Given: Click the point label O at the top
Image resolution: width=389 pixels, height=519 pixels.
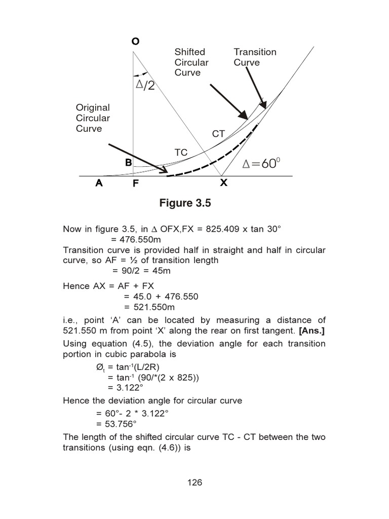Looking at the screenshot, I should click(x=135, y=42).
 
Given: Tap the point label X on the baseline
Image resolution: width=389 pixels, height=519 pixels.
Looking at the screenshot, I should click(x=223, y=183).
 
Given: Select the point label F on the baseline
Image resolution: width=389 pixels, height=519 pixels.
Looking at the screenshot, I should click(x=136, y=184).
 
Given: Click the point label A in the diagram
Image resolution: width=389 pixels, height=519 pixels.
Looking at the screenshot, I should click(x=99, y=183).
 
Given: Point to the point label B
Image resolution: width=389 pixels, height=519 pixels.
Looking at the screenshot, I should click(x=128, y=163).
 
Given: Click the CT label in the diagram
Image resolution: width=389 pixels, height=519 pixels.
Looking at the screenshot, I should click(x=218, y=134).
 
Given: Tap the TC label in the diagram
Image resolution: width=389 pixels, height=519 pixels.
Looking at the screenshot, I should click(x=181, y=153).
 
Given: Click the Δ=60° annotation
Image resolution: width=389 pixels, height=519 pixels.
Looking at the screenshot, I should click(x=261, y=164).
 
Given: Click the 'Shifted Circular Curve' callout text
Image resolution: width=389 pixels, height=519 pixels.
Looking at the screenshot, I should click(x=191, y=62).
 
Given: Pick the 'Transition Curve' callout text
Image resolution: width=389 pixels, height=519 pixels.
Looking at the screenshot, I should click(x=255, y=57).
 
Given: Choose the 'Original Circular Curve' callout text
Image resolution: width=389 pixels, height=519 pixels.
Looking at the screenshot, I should click(x=93, y=118).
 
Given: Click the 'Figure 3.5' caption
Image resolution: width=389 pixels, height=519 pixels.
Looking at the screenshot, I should click(x=185, y=203).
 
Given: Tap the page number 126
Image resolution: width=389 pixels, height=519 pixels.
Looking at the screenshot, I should click(x=194, y=482).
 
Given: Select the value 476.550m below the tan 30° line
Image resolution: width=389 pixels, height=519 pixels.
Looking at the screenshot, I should click(x=135, y=240).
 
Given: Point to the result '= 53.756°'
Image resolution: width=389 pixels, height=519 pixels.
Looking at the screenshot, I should click(x=133, y=424).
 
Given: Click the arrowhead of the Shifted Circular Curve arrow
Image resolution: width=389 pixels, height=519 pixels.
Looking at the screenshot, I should click(x=245, y=115).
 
